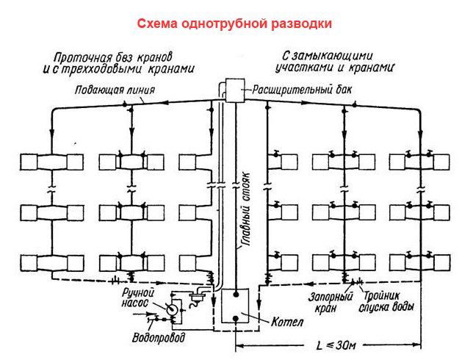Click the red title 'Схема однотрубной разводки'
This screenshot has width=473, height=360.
235,24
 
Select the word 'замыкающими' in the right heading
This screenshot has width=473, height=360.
345,55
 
